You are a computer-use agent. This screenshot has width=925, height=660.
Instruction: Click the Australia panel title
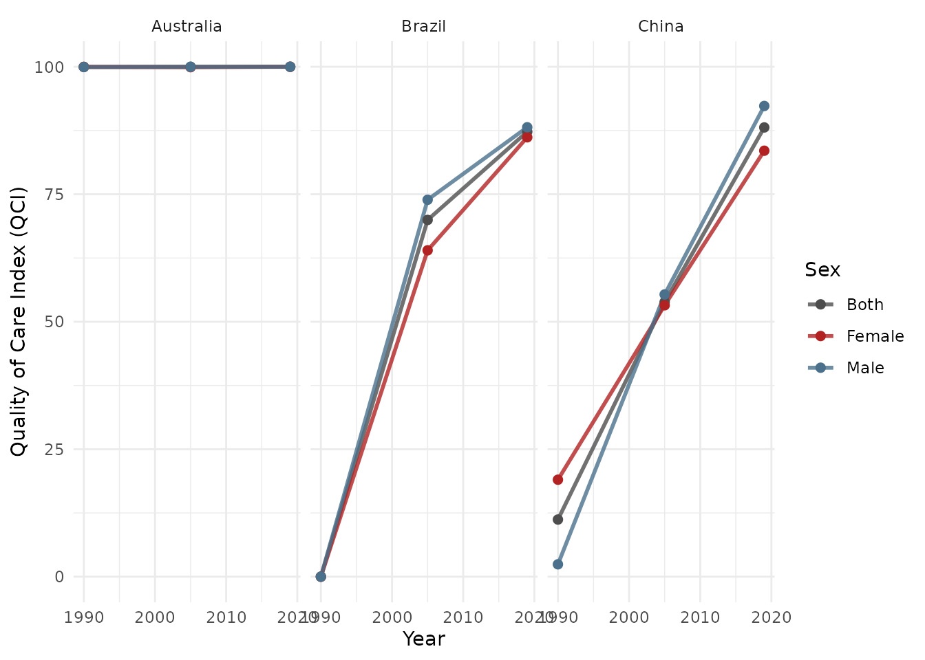pos(187,27)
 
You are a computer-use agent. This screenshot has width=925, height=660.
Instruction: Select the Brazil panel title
pos(423,27)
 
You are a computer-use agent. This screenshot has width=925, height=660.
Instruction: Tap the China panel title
pos(661,27)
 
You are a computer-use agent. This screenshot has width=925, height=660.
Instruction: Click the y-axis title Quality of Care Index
pos(19,321)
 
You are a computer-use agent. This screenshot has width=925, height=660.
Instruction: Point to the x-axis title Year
pos(423,639)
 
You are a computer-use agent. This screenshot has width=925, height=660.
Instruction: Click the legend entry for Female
pos(875,336)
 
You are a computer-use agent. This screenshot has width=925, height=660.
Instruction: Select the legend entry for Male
pos(865,368)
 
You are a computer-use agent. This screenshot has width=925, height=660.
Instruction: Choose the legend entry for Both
pos(864,305)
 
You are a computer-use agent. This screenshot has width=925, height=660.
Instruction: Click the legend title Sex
pos(822,270)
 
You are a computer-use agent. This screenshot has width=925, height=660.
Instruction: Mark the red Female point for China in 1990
pos(557,479)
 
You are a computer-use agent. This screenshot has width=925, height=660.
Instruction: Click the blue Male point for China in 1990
pos(557,564)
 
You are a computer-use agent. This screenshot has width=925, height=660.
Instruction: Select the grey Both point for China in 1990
pos(557,519)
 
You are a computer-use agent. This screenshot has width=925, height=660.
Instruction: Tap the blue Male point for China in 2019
pos(764,106)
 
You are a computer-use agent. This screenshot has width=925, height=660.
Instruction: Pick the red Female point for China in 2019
pos(764,151)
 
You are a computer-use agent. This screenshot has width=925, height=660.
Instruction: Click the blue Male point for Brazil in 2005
pos(427,199)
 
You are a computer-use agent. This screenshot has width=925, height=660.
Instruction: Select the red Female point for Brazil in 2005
pos(427,250)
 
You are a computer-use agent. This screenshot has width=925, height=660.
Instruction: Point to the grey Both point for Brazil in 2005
pos(427,220)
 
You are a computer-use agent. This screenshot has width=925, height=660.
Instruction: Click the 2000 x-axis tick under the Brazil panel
pos(392,617)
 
